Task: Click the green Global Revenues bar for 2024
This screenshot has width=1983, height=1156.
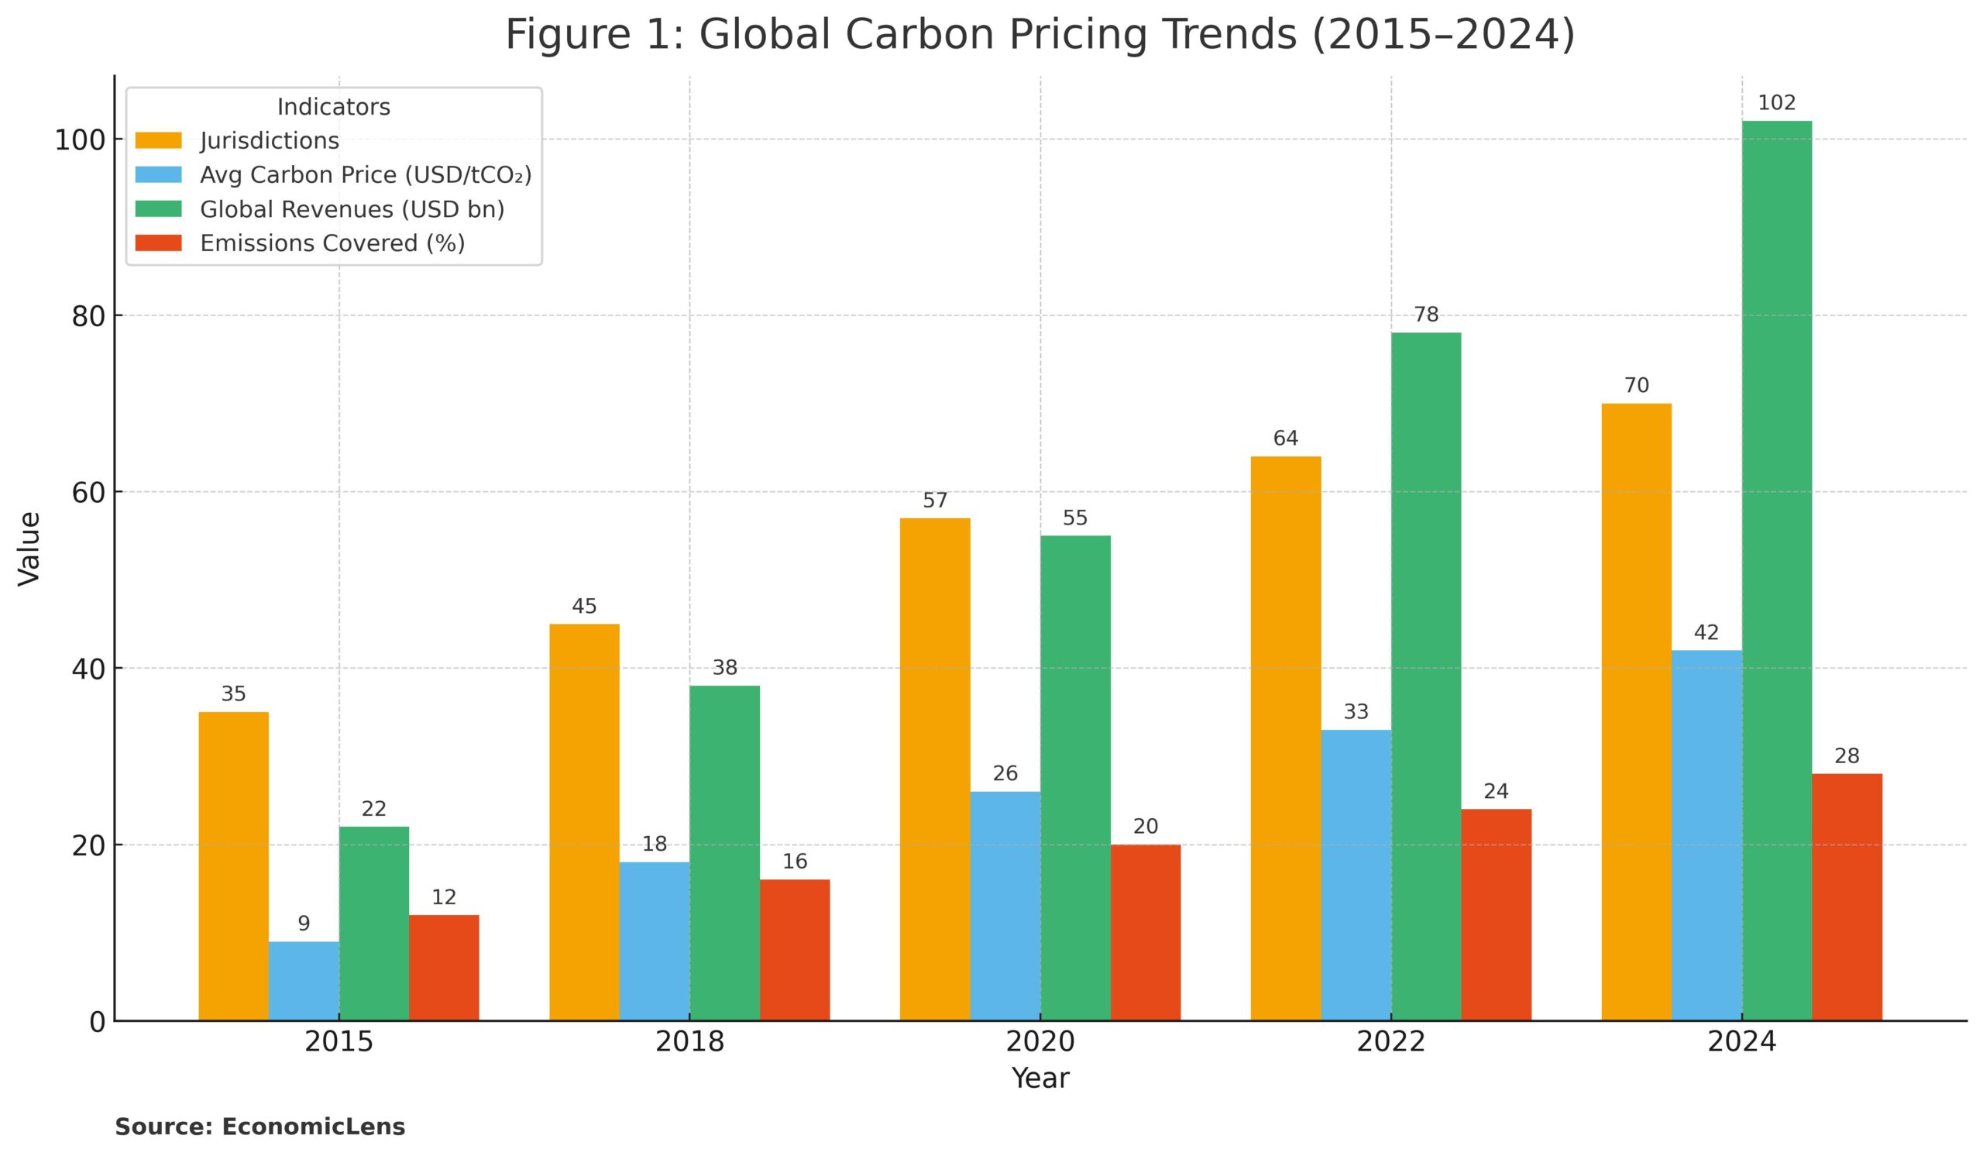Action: tap(1776, 570)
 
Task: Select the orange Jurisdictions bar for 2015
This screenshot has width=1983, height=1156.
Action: tap(233, 866)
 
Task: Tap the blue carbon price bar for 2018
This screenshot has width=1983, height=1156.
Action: tap(654, 941)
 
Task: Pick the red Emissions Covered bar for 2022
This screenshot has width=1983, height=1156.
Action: tap(1496, 914)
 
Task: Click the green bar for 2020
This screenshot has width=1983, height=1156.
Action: tap(1075, 778)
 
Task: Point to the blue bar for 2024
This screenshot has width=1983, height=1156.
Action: tap(1706, 836)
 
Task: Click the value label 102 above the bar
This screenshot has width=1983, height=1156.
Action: tap(1776, 103)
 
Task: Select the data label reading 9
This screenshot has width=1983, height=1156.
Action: tap(304, 924)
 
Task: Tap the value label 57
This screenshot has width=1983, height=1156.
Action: tap(935, 501)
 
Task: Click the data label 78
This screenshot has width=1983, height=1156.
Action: tap(1426, 315)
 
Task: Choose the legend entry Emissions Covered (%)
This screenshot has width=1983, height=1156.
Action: tap(332, 243)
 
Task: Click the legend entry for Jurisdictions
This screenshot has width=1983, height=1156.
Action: tap(269, 141)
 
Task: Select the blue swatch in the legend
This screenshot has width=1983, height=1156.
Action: tap(158, 174)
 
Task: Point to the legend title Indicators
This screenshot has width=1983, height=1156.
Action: tap(334, 107)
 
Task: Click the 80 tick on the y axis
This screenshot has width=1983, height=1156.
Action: tap(88, 316)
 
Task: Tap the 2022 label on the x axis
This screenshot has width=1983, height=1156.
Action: tap(1390, 1042)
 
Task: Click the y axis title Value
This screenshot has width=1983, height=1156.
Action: tap(29, 549)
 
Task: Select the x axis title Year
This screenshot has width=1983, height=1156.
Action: tap(1040, 1078)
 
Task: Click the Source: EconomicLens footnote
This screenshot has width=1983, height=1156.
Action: tap(259, 1127)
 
